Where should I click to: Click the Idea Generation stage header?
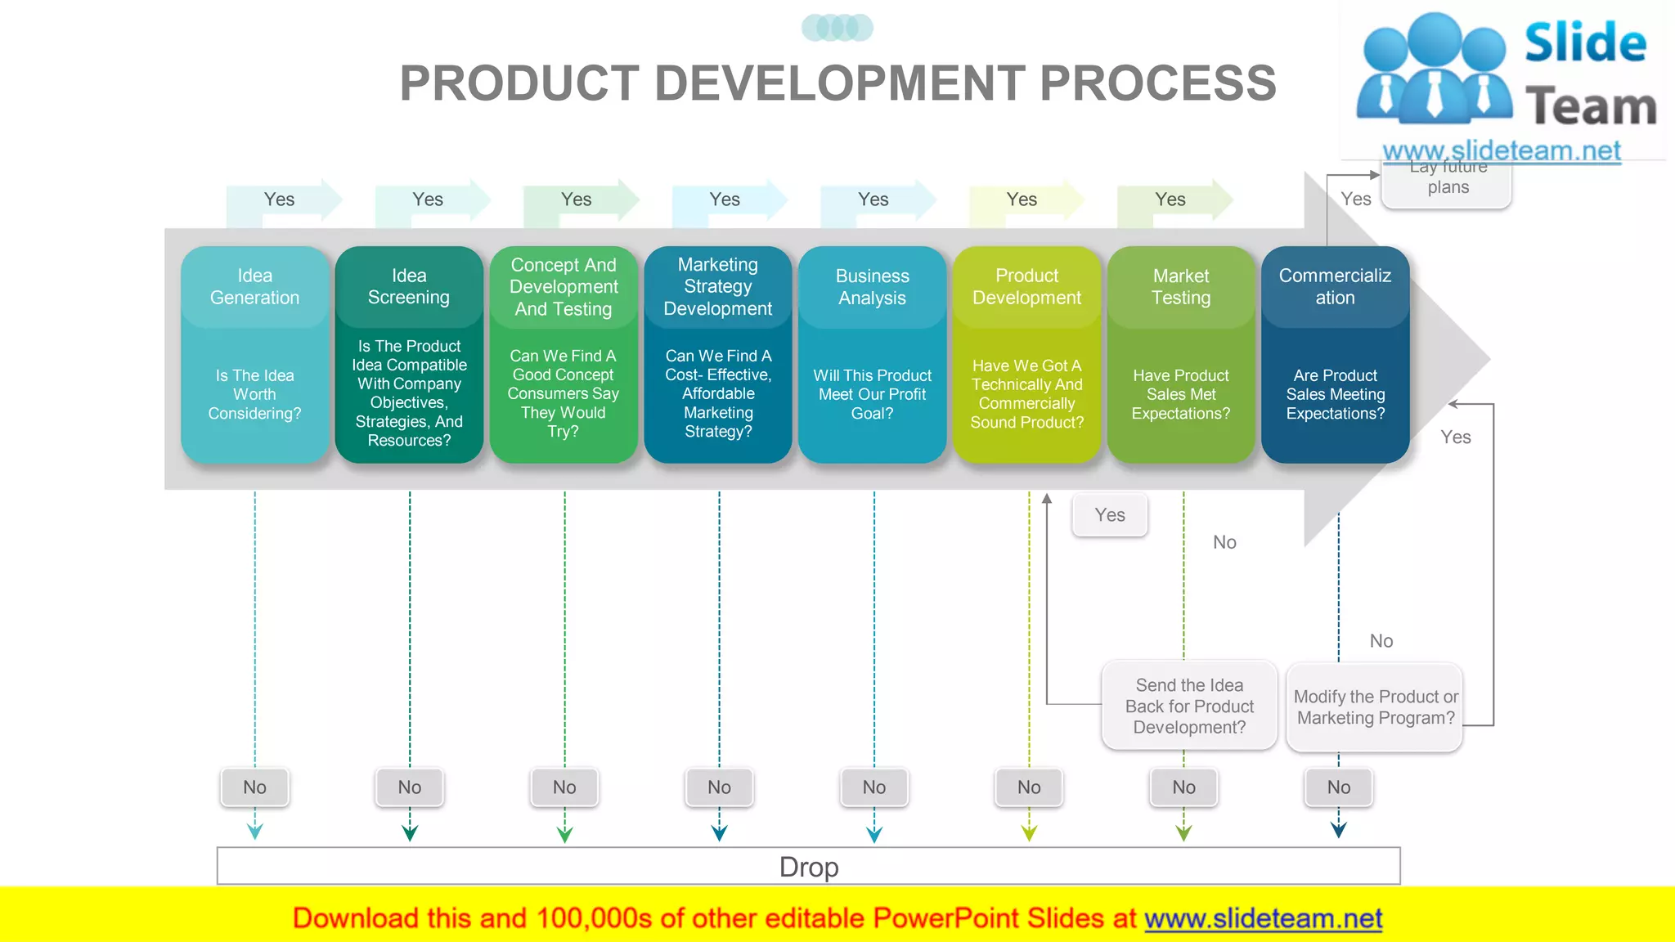pos(254,287)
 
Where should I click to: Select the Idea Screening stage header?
pos(409,287)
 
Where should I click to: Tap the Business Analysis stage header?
pos(872,287)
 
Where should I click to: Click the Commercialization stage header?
pos(1335,287)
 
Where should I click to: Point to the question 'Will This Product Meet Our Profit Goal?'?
pos(872,394)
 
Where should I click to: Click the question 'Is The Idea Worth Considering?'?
pos(254,394)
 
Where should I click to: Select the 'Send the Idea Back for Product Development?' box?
pos(1189,706)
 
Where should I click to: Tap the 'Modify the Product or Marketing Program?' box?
pos(1375,707)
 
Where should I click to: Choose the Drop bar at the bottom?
pos(808,866)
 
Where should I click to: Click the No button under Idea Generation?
pos(254,787)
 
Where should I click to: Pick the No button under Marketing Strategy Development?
pos(719,787)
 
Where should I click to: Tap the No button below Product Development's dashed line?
pos(1029,787)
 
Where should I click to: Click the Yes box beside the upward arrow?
pos(1110,515)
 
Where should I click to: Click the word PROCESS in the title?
pos(1158,83)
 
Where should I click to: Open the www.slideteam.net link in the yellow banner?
pos(1263,919)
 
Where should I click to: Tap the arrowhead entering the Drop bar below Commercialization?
pos(1338,830)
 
